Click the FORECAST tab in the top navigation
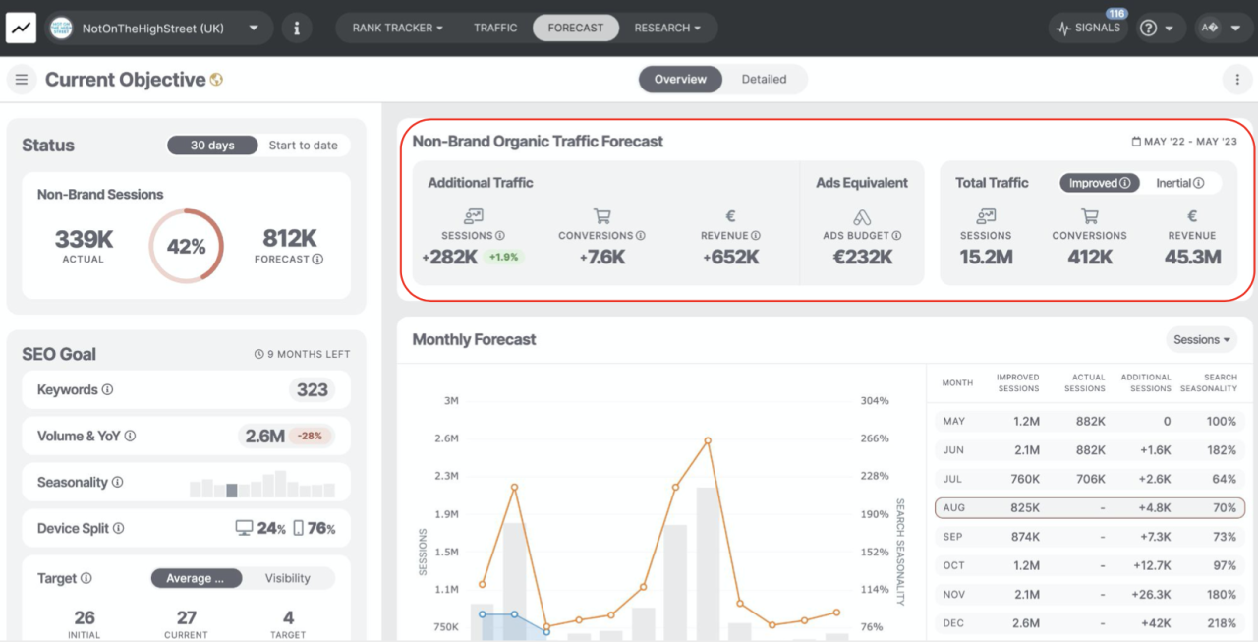coord(576,28)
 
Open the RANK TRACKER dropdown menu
coord(397,28)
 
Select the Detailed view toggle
coord(764,80)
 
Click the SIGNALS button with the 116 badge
coord(1088,29)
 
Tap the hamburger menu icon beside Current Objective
coord(22,80)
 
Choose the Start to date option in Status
coord(303,146)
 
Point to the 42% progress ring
coord(186,246)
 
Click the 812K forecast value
coord(289,238)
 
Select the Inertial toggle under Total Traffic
coord(1179,183)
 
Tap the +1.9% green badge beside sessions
coord(503,258)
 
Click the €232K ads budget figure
coord(862,257)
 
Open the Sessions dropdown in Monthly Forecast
coord(1202,340)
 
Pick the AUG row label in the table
coord(953,508)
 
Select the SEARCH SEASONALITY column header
coord(1208,382)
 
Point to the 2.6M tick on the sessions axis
coord(447,438)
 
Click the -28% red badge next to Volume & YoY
coord(311,436)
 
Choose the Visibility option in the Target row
coord(287,579)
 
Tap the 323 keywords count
coord(312,390)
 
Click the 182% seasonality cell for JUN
coord(1222,450)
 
